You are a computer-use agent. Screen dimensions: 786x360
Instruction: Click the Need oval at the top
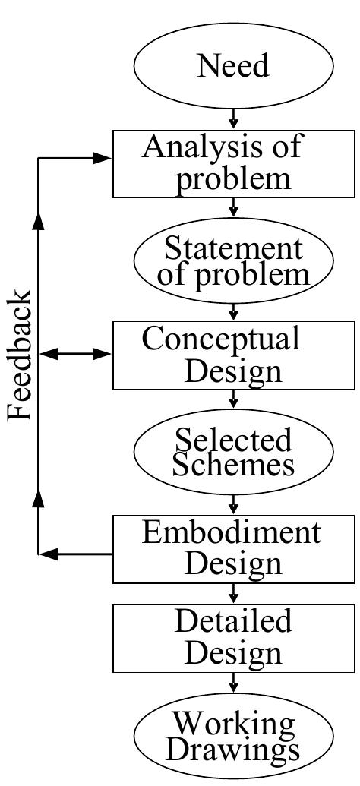pos(233,67)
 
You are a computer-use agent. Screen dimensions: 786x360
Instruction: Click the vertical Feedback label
pos(21,355)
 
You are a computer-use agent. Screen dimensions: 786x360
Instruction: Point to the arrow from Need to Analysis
pos(234,118)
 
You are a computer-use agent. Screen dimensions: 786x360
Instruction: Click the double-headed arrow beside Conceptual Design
pos(76,354)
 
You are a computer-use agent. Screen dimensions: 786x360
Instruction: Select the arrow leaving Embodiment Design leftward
pos(76,554)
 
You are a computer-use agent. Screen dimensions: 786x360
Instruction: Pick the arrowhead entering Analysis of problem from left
pos(102,158)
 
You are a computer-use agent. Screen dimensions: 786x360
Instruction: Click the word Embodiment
pos(232,533)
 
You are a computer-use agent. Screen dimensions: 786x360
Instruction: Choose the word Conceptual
pos(221,339)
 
